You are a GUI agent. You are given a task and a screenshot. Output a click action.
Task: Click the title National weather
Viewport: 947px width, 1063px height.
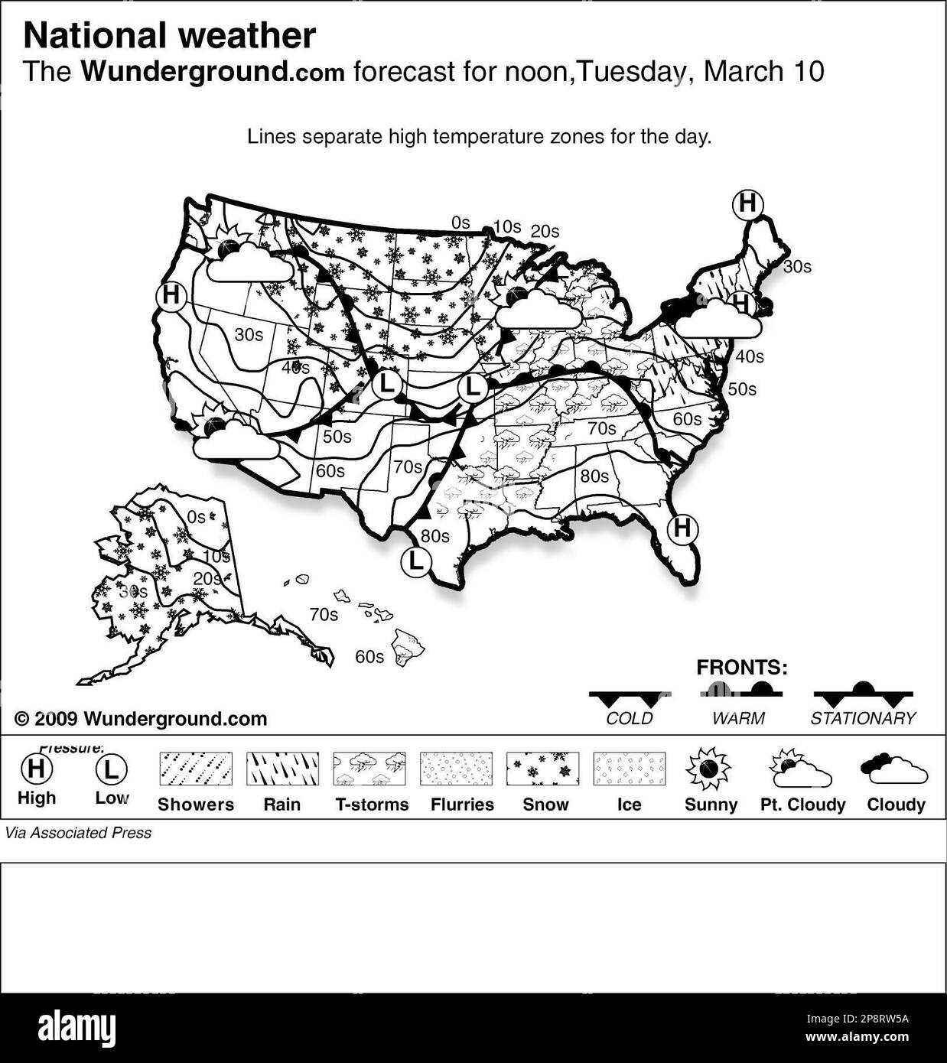(x=169, y=36)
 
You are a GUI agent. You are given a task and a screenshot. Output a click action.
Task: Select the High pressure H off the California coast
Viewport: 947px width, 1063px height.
(x=171, y=296)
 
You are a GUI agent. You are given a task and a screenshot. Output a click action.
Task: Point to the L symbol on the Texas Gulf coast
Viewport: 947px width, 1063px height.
(x=415, y=561)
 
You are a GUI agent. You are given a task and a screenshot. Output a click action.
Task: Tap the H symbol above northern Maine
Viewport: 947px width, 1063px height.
(x=747, y=204)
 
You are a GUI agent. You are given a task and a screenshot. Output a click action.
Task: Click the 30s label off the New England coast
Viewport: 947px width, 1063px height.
(x=796, y=267)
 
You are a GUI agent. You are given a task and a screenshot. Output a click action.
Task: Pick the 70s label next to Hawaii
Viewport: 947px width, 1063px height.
(x=324, y=614)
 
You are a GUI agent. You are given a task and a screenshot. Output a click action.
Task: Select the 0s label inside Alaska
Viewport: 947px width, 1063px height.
(x=197, y=516)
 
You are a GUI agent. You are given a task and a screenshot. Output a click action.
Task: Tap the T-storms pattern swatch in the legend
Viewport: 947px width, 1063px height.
(x=369, y=769)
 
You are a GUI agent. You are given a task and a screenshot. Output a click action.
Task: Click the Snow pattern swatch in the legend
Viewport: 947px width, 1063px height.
(x=542, y=769)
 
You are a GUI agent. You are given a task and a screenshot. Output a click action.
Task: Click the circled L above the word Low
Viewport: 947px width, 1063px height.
(x=112, y=769)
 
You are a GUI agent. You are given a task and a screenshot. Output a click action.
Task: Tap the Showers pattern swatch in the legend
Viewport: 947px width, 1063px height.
(x=195, y=769)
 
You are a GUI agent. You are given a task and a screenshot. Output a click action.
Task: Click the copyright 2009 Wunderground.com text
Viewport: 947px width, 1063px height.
(x=141, y=719)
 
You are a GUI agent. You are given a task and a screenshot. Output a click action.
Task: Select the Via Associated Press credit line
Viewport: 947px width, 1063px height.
(x=78, y=833)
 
